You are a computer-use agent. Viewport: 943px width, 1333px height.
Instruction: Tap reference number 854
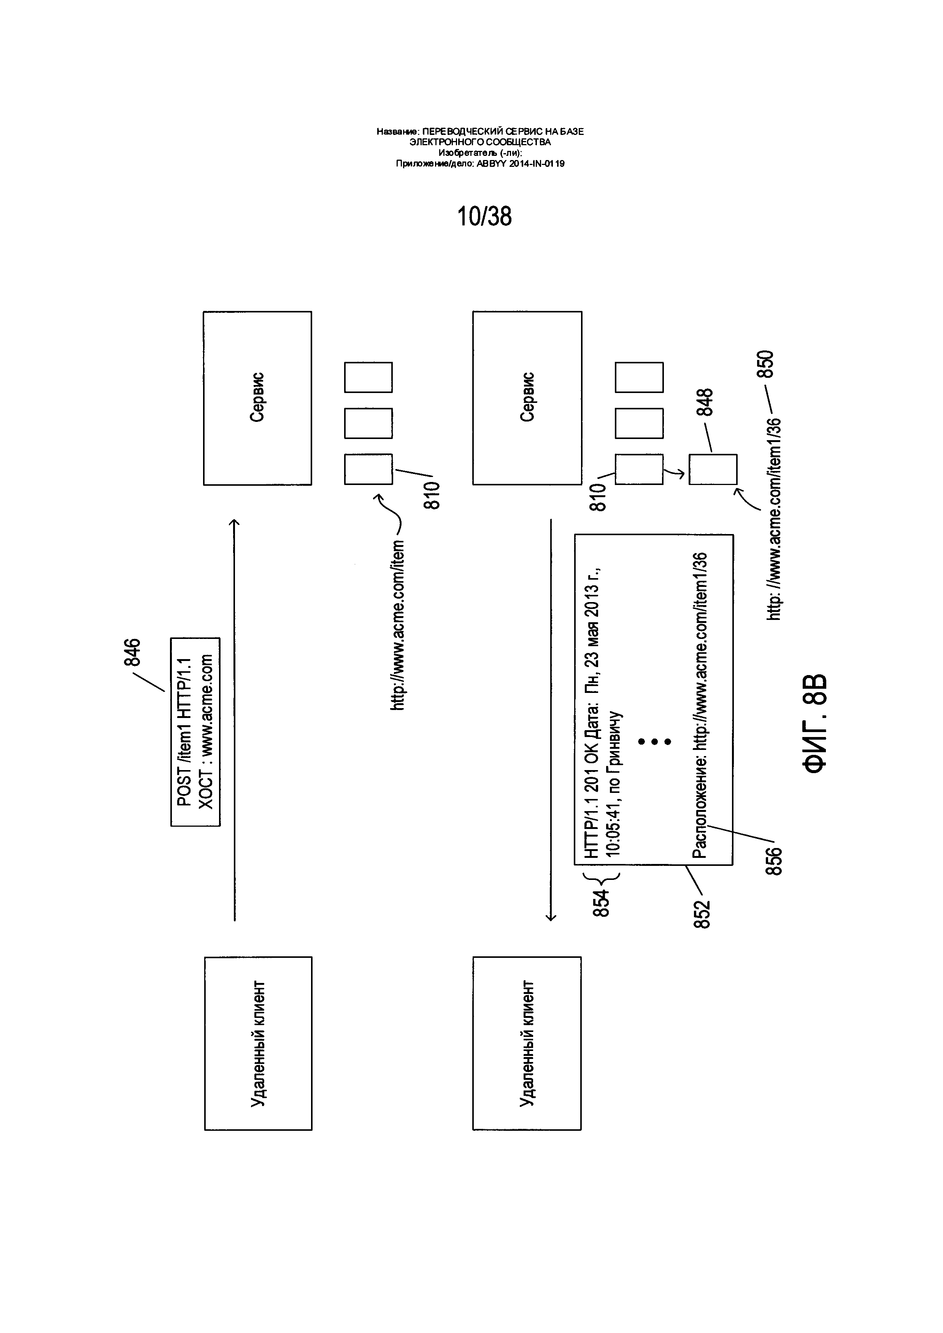[602, 903]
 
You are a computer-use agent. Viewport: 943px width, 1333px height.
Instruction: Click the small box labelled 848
[713, 469]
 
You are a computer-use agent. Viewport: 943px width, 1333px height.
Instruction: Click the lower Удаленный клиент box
[527, 1043]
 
